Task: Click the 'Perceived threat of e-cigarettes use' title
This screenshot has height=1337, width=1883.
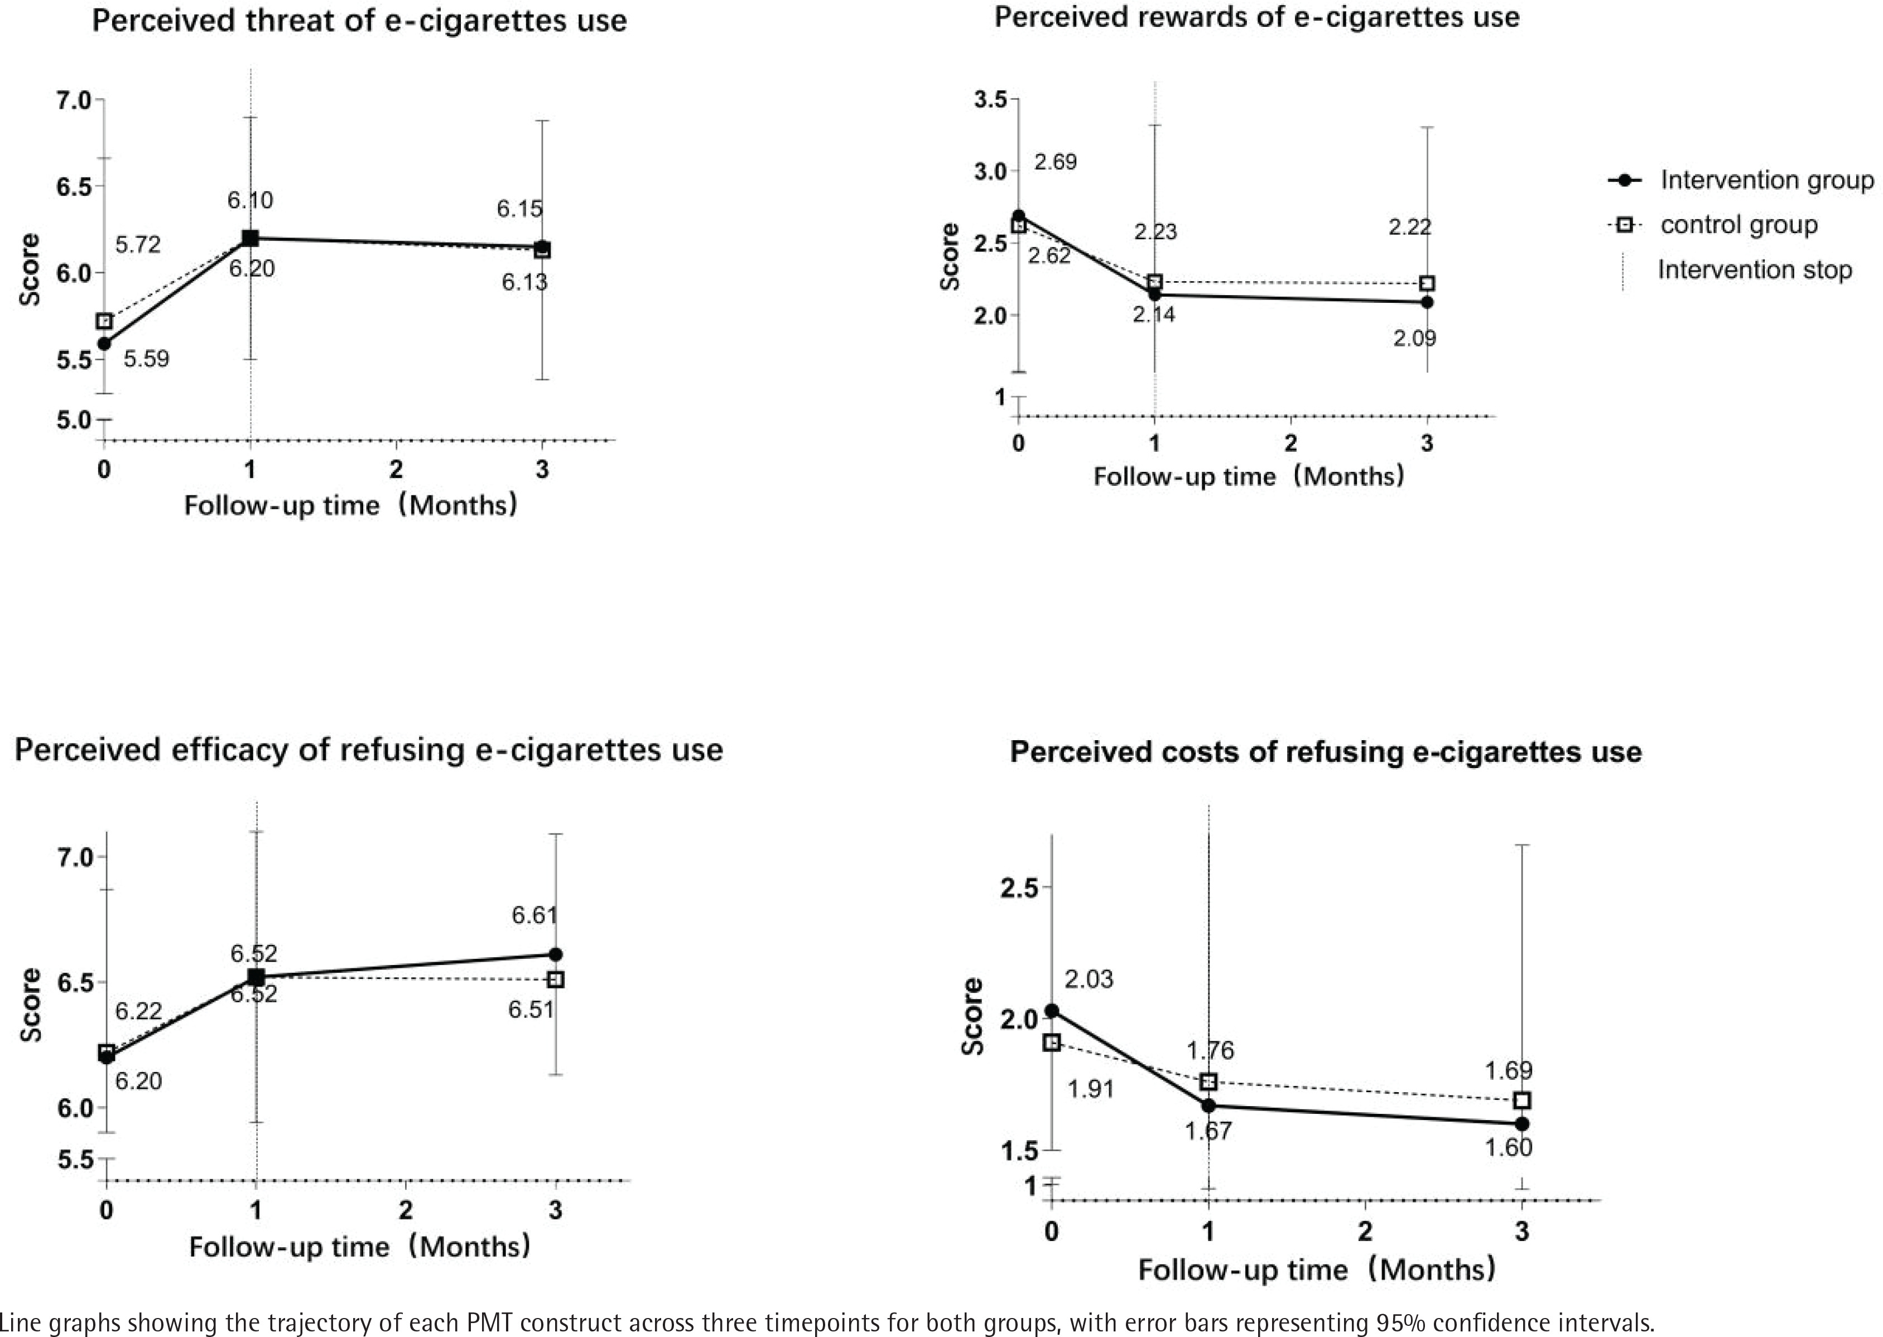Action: pyautogui.click(x=359, y=21)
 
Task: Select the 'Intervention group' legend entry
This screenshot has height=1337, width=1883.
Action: pyautogui.click(x=1766, y=180)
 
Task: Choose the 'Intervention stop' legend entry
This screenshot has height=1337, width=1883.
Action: pyautogui.click(x=1754, y=270)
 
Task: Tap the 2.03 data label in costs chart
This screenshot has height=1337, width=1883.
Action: pyautogui.click(x=1089, y=979)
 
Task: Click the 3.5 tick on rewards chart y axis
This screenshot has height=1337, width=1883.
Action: pyautogui.click(x=990, y=100)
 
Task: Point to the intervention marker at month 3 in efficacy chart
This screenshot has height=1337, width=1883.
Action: pyautogui.click(x=556, y=954)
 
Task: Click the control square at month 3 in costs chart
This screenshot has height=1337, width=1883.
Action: pyautogui.click(x=1523, y=1101)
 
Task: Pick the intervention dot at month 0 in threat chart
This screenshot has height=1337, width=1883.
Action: pyautogui.click(x=104, y=343)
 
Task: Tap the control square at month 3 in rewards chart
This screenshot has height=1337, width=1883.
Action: pyautogui.click(x=1427, y=283)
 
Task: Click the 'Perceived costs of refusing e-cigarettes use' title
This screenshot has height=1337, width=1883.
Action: pyautogui.click(x=1326, y=752)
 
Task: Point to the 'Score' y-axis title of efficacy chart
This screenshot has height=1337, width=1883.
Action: pyautogui.click(x=31, y=1005)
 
